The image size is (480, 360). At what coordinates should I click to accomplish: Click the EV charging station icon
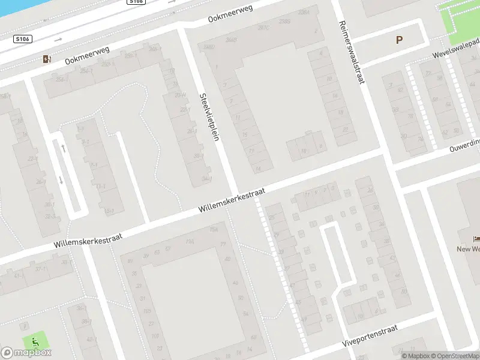[47, 59]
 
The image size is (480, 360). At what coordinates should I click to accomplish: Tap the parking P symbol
[399, 40]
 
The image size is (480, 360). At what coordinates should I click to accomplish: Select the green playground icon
[35, 343]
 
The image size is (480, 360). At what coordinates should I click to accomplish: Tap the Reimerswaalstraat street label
[352, 52]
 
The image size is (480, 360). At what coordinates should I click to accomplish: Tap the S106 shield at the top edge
[136, 2]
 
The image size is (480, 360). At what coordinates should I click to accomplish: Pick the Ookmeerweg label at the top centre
[230, 13]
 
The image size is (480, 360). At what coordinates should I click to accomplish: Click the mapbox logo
[26, 352]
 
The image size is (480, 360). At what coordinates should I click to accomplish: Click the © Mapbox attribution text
[414, 356]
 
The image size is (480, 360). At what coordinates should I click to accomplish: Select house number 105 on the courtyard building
[147, 311]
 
